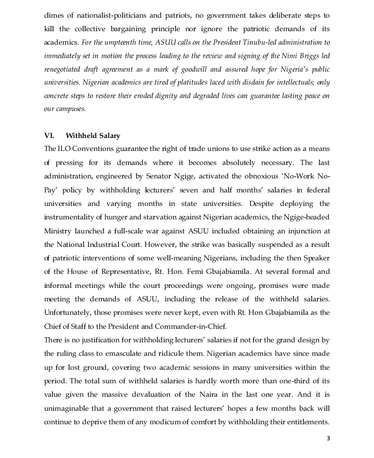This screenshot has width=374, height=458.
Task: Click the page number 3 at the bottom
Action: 328,438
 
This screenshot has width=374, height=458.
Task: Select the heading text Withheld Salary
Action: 93,136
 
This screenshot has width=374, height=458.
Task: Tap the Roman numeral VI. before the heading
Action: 50,136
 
